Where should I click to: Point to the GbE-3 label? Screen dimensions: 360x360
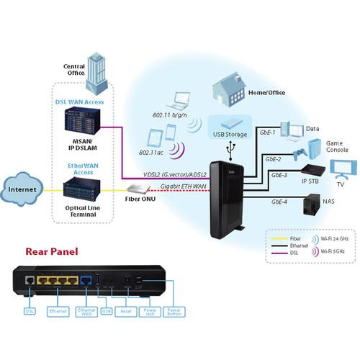pos(279,175)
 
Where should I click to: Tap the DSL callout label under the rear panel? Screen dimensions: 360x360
pos(30,310)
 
